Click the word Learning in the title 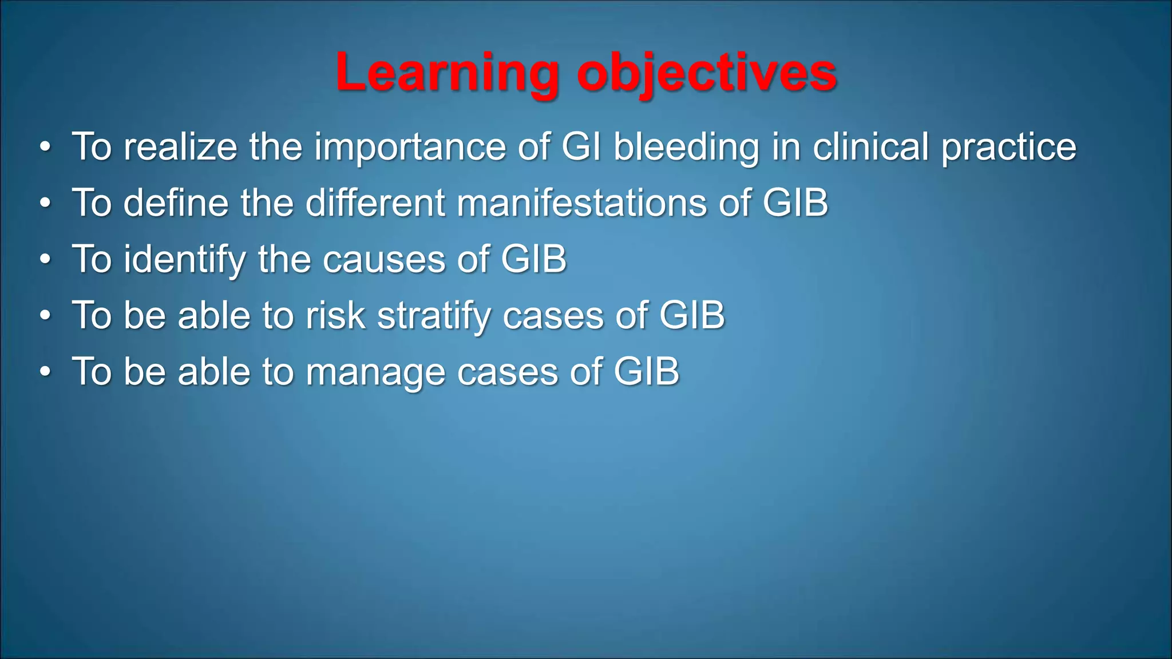pos(447,73)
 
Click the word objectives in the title pos(707,73)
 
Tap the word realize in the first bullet pos(180,147)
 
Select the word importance pos(410,147)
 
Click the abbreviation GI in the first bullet pos(581,147)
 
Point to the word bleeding pos(686,147)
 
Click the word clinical pos(870,147)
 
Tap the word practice pos(1009,147)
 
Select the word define pos(176,203)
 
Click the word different pos(375,203)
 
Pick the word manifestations pos(581,203)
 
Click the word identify pos(184,259)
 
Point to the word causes pos(383,259)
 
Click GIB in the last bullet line pos(646,371)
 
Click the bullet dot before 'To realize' pos(46,148)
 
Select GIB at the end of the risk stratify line pos(692,315)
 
